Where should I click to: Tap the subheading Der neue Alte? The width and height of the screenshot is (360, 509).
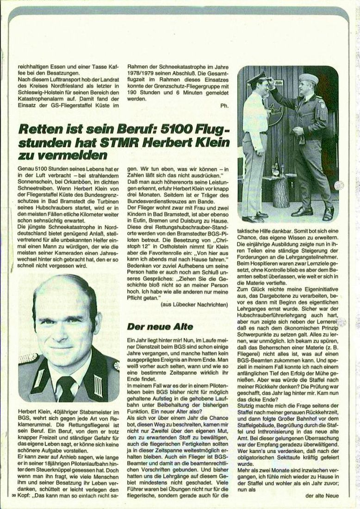tap(154, 327)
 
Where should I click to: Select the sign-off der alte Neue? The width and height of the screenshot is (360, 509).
tap(323, 496)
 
